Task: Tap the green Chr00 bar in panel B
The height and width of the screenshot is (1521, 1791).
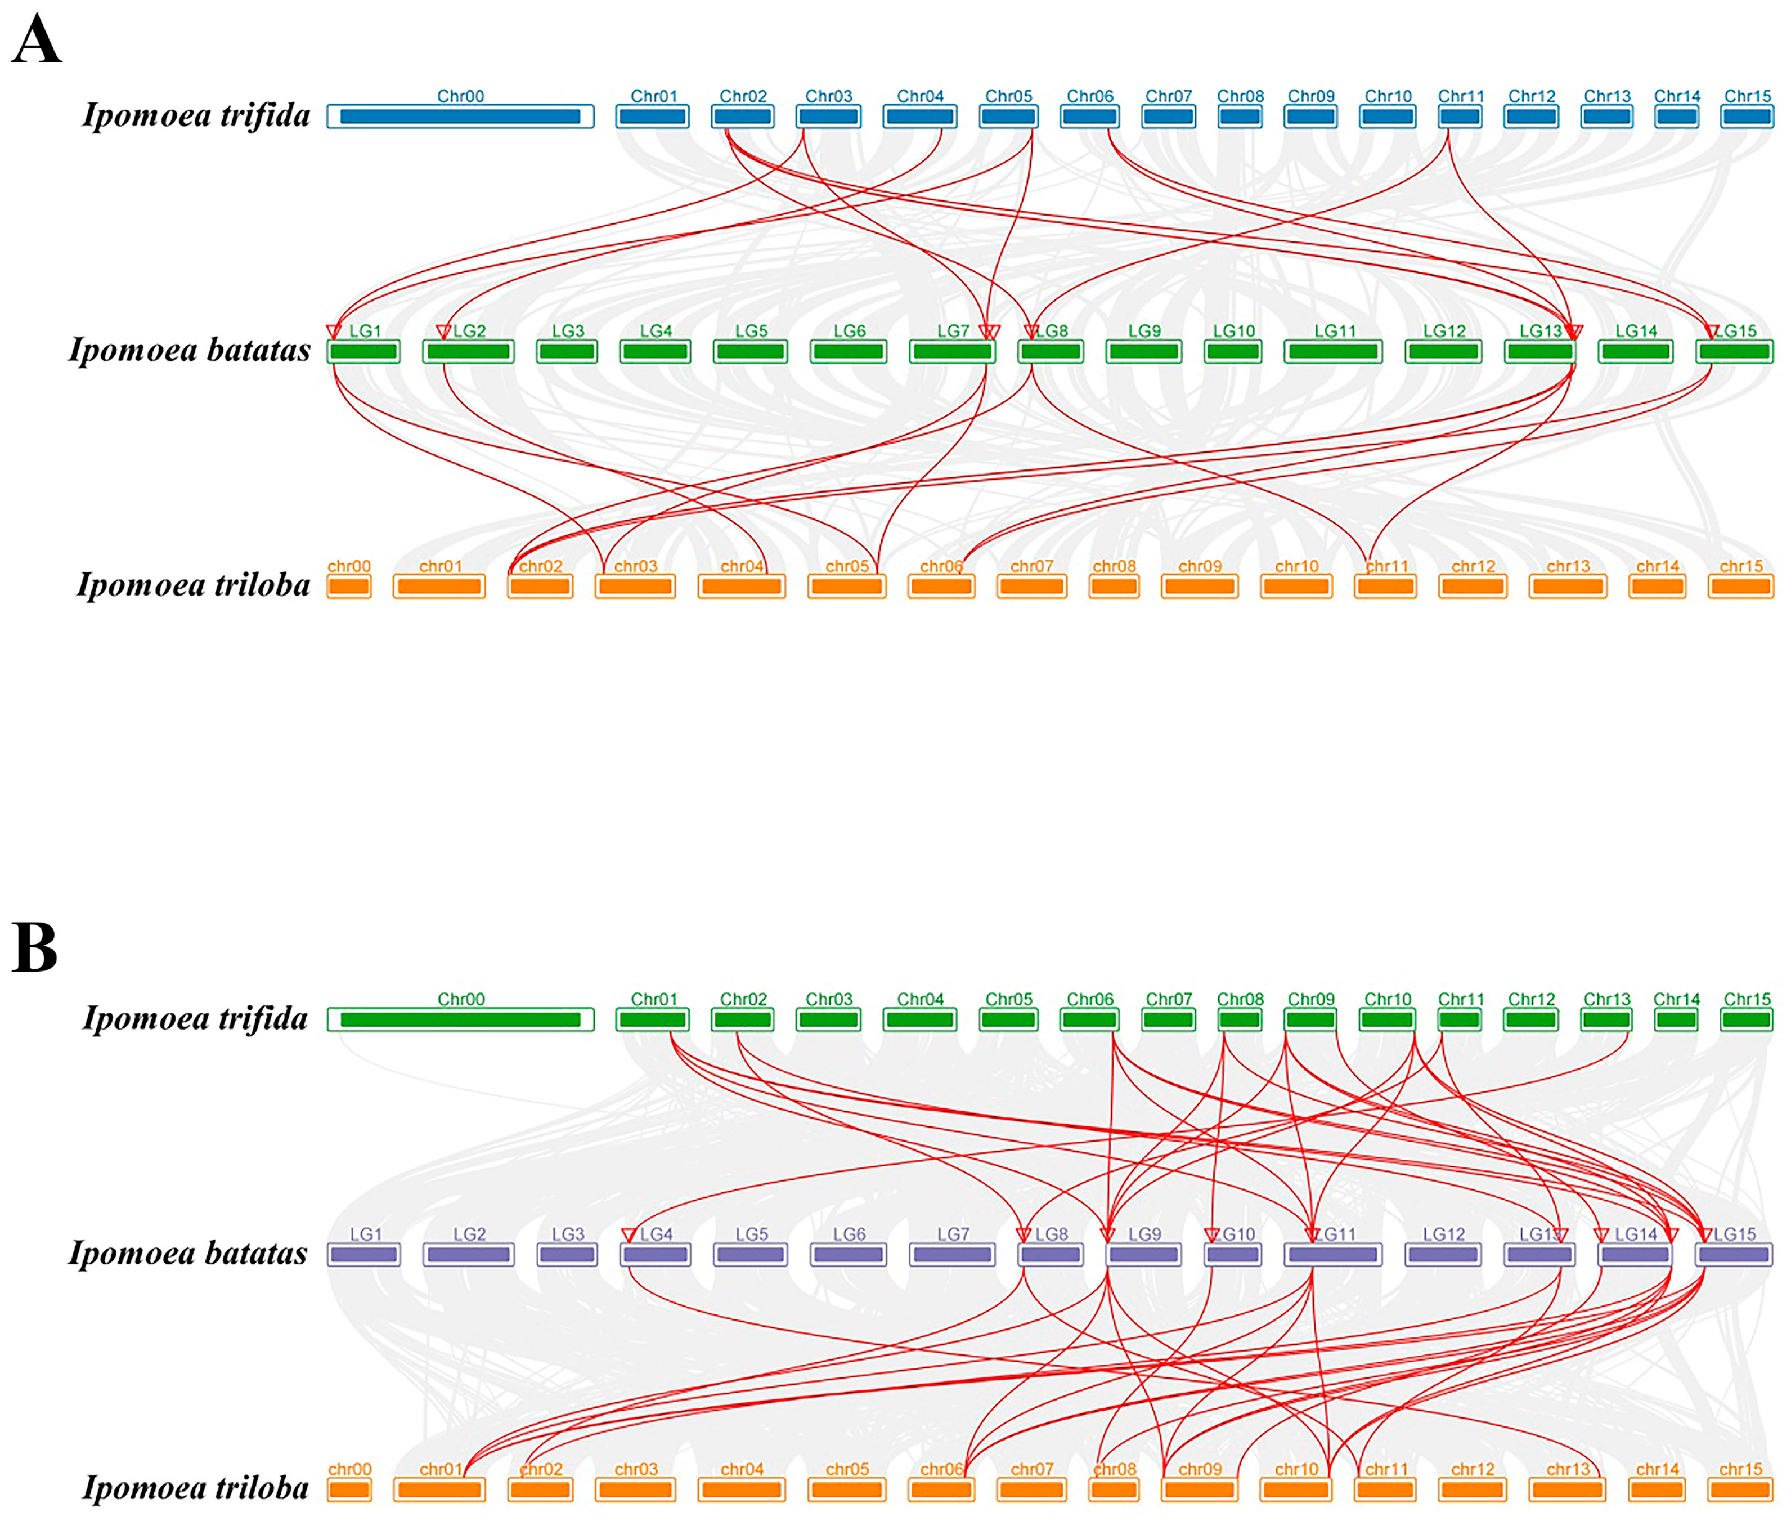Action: tap(460, 1020)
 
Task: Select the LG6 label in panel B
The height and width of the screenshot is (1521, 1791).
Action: tap(849, 1234)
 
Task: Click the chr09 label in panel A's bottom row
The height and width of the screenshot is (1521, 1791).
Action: tap(1200, 566)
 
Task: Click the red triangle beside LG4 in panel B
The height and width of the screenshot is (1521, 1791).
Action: tap(629, 1234)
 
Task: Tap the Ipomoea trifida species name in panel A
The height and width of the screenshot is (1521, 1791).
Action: tap(196, 115)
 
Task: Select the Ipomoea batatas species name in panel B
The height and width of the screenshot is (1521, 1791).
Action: tap(188, 1254)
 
